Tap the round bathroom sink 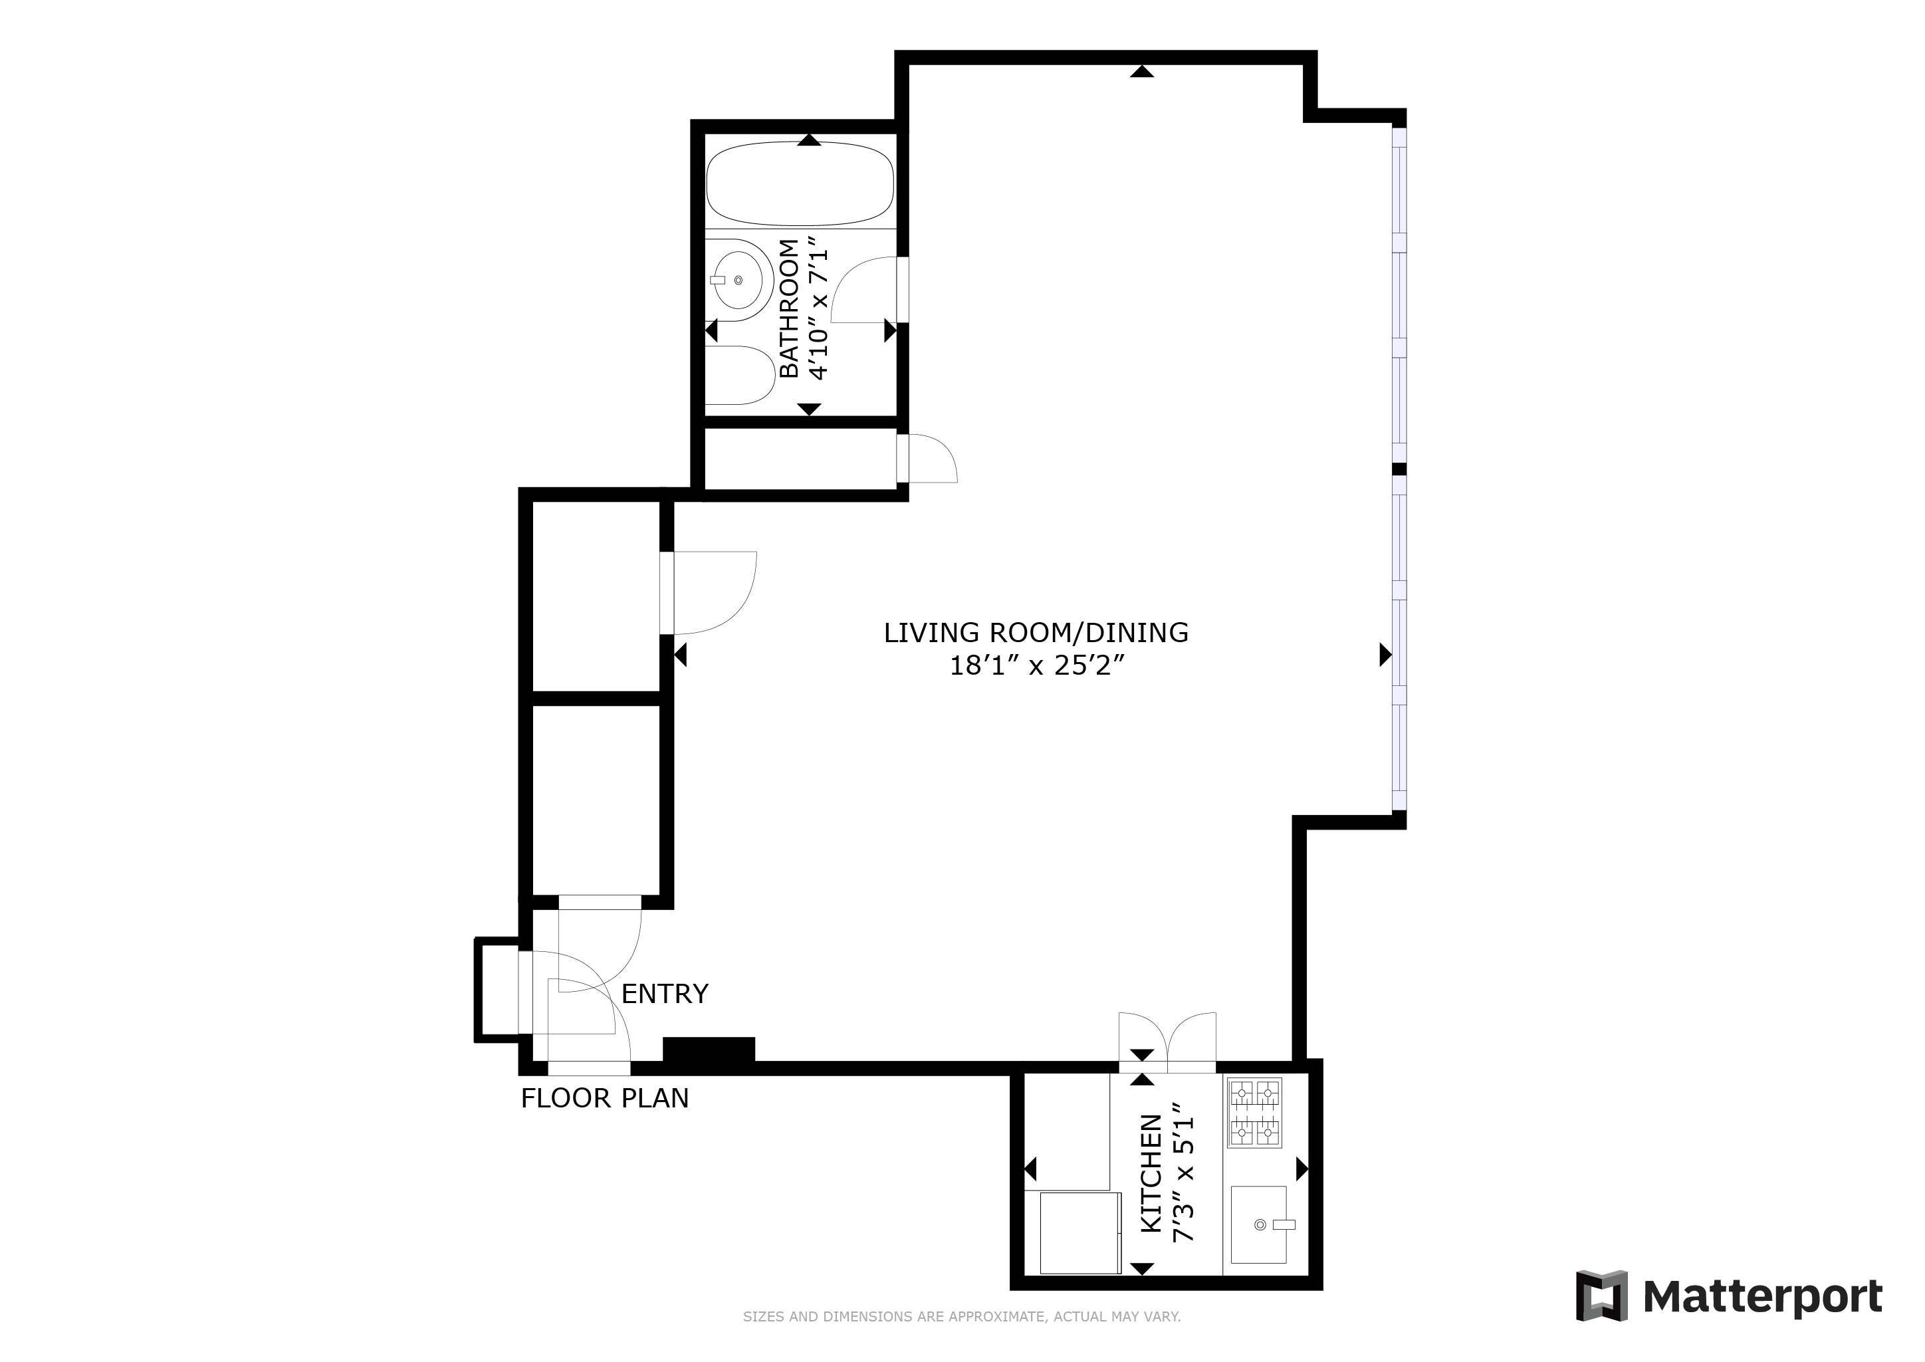pos(738,280)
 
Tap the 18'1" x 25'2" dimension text pos(1036,666)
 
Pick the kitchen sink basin pos(1258,1224)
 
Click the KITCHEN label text pos(1151,1173)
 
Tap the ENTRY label pos(664,994)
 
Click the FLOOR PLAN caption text pos(604,1099)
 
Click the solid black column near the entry pos(709,1051)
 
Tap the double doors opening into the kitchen pos(1167,1042)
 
